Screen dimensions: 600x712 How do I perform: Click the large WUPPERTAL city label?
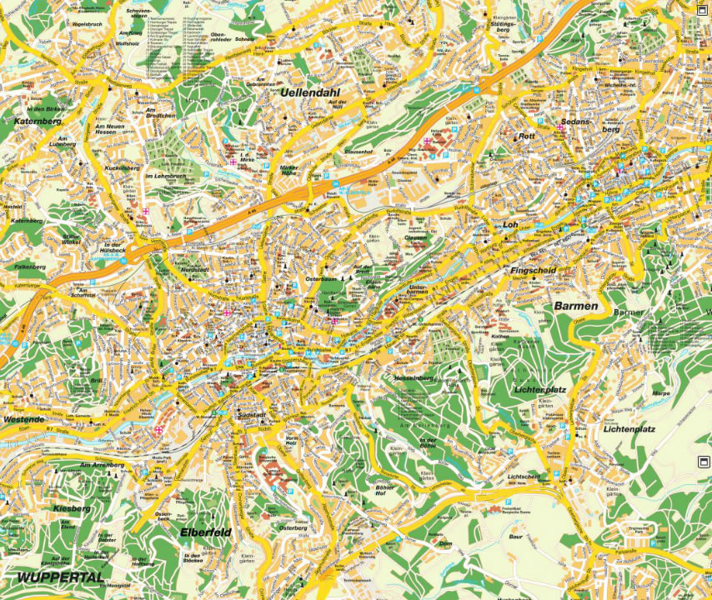[58, 577]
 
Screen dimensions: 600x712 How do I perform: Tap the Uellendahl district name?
[313, 92]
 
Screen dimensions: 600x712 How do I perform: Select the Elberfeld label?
[204, 531]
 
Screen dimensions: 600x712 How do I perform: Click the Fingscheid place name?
[533, 271]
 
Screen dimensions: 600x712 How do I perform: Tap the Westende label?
[23, 419]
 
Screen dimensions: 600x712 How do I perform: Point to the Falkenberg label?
[30, 267]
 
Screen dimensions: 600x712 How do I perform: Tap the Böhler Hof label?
[385, 490]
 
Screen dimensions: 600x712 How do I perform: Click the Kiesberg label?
[72, 507]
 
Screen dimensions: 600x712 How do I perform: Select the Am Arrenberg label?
[102, 464]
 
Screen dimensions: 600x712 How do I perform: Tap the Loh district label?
[511, 225]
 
